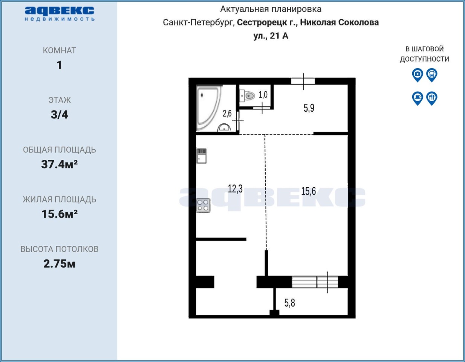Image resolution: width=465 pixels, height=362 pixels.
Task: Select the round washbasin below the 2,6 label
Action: click(224, 128)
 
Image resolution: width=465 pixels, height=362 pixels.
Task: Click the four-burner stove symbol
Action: click(203, 205)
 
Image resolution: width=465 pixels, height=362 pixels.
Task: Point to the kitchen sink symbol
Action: click(201, 156)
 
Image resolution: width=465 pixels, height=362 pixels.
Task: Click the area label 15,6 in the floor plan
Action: click(308, 191)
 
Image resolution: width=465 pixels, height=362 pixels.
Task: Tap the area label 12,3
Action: click(235, 189)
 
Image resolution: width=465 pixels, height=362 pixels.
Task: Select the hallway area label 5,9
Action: click(309, 108)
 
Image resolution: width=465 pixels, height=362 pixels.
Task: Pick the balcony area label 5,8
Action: click(289, 303)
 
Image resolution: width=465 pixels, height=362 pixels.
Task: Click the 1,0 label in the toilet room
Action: click(263, 95)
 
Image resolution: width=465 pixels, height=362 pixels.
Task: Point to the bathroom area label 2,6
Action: click(227, 114)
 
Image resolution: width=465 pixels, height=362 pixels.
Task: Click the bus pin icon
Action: click(431, 75)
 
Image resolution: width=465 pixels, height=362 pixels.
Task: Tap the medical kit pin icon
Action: click(418, 75)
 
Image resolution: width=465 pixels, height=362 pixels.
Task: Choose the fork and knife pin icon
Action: click(431, 98)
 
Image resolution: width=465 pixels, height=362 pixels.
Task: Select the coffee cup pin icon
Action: click(418, 98)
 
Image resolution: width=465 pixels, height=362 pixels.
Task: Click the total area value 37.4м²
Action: click(59, 164)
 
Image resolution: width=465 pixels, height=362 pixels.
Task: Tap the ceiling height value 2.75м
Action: click(59, 264)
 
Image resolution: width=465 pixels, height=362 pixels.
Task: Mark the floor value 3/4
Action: click(59, 115)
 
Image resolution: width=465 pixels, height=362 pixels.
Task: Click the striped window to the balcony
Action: click(315, 282)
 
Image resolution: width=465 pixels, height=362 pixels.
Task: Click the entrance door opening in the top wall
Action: click(303, 81)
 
